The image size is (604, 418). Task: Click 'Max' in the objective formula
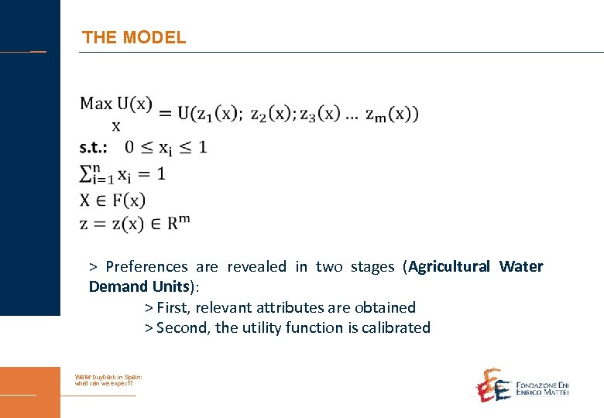tap(96, 103)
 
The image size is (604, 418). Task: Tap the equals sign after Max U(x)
tap(165, 114)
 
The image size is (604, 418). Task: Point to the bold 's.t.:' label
tap(94, 146)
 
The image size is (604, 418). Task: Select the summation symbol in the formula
tap(88, 174)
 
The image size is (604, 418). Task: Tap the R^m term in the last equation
tap(179, 223)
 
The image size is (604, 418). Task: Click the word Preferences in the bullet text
tap(146, 267)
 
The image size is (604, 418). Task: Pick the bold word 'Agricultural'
tap(449, 267)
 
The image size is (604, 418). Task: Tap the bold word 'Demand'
tap(113, 287)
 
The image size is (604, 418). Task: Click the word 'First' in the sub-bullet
tap(173, 307)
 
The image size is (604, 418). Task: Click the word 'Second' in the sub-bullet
tap(184, 327)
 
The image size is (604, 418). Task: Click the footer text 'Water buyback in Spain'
tap(108, 377)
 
